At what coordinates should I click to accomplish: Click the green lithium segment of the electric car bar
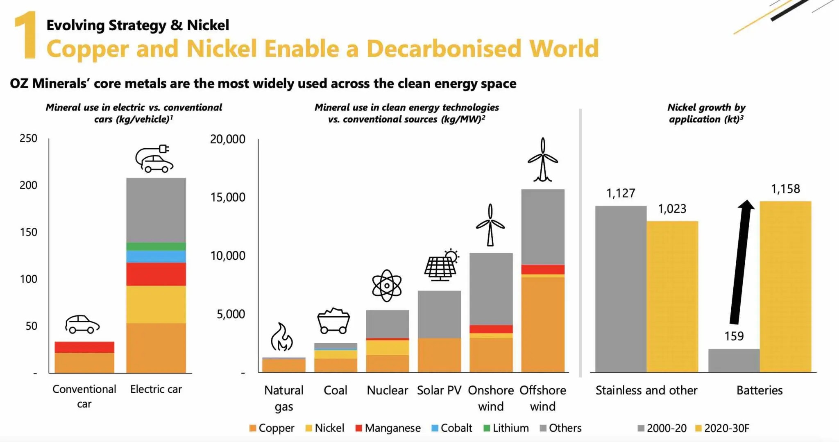[156, 246]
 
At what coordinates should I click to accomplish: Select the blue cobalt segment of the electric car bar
[156, 256]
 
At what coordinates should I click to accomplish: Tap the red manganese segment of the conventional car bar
[84, 347]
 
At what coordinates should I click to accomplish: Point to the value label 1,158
[785, 189]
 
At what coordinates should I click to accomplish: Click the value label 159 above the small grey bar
[733, 336]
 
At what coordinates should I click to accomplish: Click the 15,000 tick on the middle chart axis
[228, 197]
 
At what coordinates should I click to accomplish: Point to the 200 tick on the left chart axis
[28, 185]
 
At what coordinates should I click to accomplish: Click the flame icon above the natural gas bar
[282, 337]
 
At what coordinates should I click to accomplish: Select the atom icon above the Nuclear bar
[387, 286]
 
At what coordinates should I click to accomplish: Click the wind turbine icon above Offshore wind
[542, 160]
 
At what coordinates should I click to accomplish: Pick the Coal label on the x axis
[335, 390]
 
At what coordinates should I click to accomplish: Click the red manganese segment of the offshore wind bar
[542, 269]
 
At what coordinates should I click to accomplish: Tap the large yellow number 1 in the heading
[25, 36]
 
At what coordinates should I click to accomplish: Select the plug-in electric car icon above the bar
[154, 159]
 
